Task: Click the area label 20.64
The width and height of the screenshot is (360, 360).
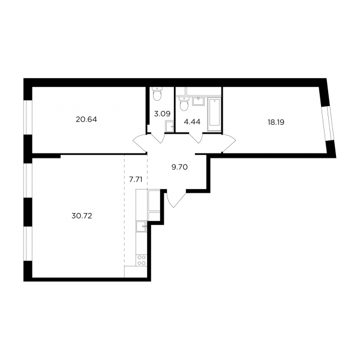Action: [x=86, y=119]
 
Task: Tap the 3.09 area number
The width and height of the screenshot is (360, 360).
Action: [x=162, y=113]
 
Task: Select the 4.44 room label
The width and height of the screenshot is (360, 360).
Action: [x=192, y=122]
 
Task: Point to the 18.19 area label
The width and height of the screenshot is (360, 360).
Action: [x=276, y=122]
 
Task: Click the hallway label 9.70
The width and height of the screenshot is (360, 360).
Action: [x=179, y=167]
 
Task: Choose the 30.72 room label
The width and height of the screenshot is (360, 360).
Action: [x=82, y=216]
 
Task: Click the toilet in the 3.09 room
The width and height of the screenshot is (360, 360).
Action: [x=157, y=94]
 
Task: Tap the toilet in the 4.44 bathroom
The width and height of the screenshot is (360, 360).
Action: [x=184, y=104]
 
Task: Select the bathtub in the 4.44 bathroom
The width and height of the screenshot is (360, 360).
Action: [x=214, y=115]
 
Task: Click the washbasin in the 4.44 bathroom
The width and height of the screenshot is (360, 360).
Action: [x=198, y=101]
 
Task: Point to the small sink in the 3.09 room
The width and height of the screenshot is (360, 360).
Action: [x=169, y=126]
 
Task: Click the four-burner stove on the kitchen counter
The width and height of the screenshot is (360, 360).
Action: [x=142, y=260]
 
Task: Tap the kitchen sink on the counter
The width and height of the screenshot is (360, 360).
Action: [x=141, y=226]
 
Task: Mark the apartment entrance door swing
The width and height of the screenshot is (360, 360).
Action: [x=176, y=199]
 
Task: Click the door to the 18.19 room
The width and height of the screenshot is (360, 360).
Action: [x=229, y=143]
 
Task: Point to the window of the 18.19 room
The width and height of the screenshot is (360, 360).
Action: [x=328, y=124]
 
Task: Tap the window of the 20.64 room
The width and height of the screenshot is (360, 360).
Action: [x=28, y=118]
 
